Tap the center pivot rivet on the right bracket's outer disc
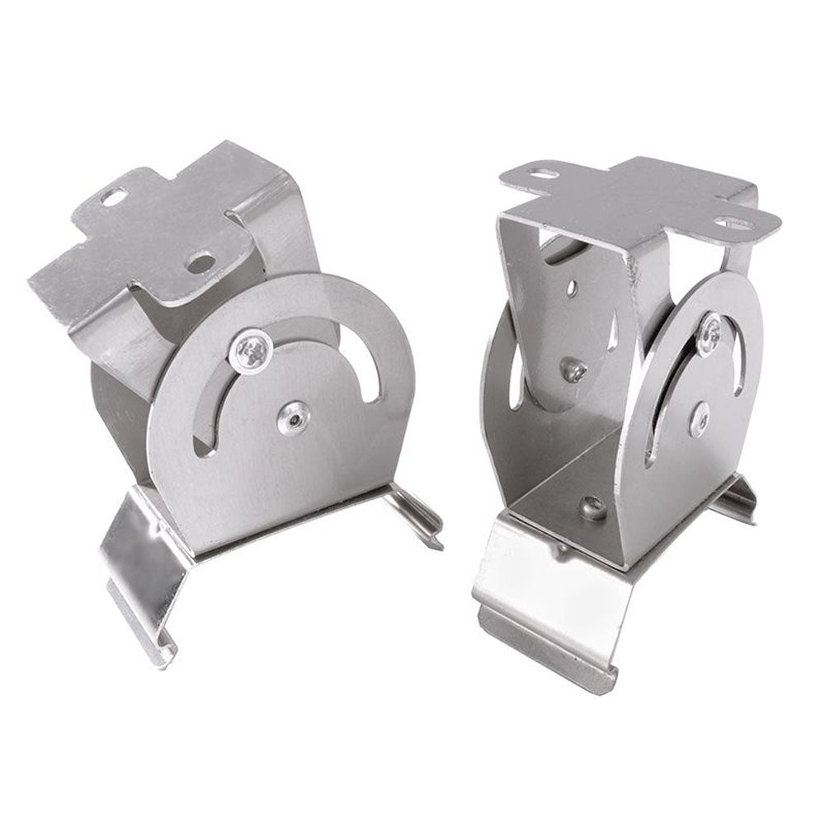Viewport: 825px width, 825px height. point(701,418)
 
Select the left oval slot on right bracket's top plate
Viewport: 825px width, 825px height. point(543,176)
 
